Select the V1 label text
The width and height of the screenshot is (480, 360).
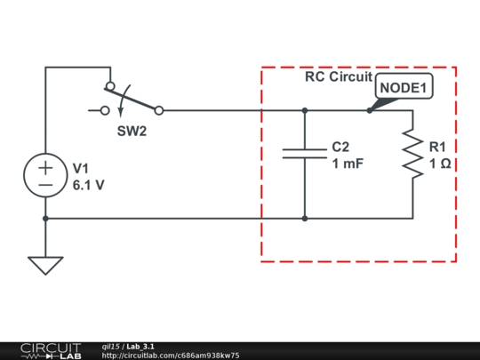point(82,167)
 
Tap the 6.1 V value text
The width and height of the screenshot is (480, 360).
point(89,185)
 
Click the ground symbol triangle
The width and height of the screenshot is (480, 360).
point(44,265)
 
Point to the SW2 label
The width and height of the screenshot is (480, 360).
point(132,130)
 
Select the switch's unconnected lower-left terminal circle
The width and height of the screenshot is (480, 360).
point(104,111)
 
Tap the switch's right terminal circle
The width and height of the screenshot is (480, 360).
point(158,111)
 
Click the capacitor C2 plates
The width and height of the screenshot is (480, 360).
point(305,153)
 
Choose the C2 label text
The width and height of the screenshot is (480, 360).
point(341,146)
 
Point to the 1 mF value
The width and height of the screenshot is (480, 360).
point(348,164)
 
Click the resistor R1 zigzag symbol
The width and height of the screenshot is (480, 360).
point(412,153)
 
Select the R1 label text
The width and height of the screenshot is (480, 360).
point(438,146)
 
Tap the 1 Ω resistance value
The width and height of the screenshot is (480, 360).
point(439,164)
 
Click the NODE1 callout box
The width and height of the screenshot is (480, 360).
point(404,88)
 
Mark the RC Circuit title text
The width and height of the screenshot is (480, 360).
point(338,76)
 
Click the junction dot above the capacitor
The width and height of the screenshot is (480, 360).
point(305,111)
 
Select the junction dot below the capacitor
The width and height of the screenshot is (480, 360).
point(305,218)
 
